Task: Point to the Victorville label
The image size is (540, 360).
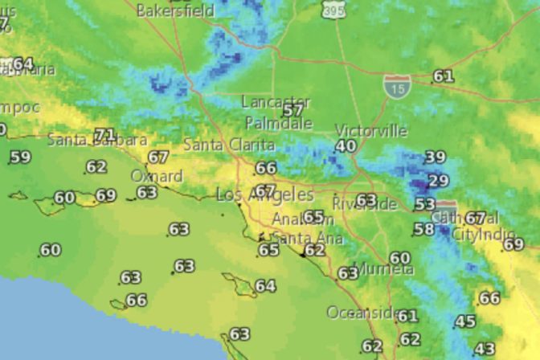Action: click(370, 131)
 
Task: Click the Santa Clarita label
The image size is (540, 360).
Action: click(229, 145)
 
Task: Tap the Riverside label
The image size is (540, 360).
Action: click(364, 204)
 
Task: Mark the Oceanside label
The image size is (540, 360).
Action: click(361, 312)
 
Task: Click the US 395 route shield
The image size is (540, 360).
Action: click(330, 10)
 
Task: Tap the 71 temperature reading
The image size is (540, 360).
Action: click(104, 134)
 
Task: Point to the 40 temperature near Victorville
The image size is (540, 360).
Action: click(346, 146)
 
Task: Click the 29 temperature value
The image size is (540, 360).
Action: click(439, 181)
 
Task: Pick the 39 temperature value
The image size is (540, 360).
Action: click(435, 157)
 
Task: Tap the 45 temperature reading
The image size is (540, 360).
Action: click(465, 322)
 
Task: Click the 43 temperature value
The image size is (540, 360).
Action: click(485, 349)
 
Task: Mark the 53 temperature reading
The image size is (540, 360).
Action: click(425, 205)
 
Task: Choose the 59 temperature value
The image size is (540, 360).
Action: click(20, 157)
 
